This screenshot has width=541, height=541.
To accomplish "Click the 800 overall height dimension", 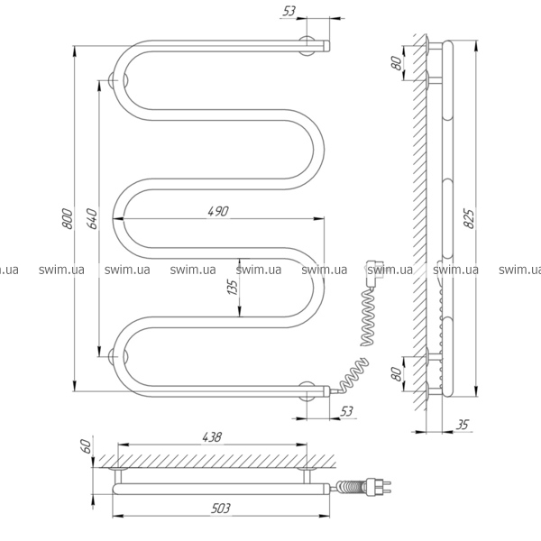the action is (x=68, y=219).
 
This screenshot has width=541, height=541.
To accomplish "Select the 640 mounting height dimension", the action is (x=92, y=219).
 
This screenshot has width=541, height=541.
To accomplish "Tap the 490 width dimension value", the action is (x=218, y=211).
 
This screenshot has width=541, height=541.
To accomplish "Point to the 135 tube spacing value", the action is (x=233, y=287).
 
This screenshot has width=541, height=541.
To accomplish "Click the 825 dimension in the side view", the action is (x=469, y=218).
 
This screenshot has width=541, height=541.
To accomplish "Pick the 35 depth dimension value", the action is (x=463, y=425).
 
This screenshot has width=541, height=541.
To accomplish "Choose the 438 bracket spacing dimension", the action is (x=212, y=437).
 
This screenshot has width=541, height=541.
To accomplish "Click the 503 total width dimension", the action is (x=220, y=509).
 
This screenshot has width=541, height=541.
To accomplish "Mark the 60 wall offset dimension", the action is (x=87, y=446).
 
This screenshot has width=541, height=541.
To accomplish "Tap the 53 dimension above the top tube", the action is (x=289, y=11).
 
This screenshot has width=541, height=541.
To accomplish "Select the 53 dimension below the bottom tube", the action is (x=346, y=411).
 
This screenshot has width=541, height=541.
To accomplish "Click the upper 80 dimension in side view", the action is (x=397, y=63).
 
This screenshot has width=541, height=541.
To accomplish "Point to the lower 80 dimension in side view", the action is (x=397, y=374).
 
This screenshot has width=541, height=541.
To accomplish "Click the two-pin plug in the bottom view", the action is (x=378, y=486).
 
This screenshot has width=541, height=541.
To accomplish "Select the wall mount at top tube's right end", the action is (x=307, y=46).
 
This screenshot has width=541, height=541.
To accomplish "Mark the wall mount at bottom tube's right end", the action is (x=307, y=391).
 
